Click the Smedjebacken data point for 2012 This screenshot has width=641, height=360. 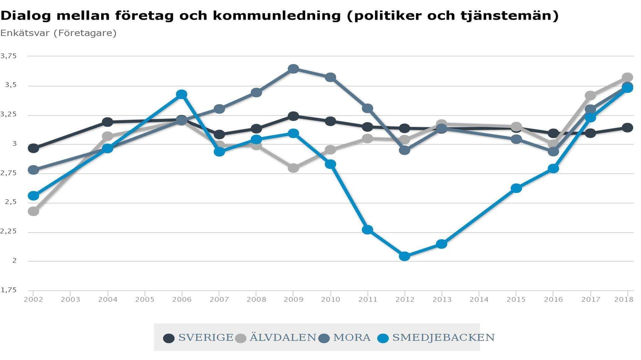(x=404, y=256)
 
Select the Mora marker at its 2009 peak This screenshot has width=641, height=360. (x=293, y=69)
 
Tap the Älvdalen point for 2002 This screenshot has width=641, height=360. (x=33, y=211)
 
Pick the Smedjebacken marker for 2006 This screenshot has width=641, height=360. (x=182, y=94)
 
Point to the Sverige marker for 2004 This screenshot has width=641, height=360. (x=108, y=122)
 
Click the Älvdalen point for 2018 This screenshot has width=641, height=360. (x=627, y=77)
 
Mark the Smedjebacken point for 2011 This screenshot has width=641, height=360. (x=367, y=230)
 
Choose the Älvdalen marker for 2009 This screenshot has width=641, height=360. (x=293, y=168)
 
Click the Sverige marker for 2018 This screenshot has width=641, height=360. (x=627, y=127)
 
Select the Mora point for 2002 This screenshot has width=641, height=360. (x=33, y=170)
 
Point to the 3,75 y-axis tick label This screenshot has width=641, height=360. (x=8, y=56)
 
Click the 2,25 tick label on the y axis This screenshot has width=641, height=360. (x=8, y=232)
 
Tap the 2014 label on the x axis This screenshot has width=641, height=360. (x=479, y=300)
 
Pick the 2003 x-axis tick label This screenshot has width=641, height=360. (x=70, y=300)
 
